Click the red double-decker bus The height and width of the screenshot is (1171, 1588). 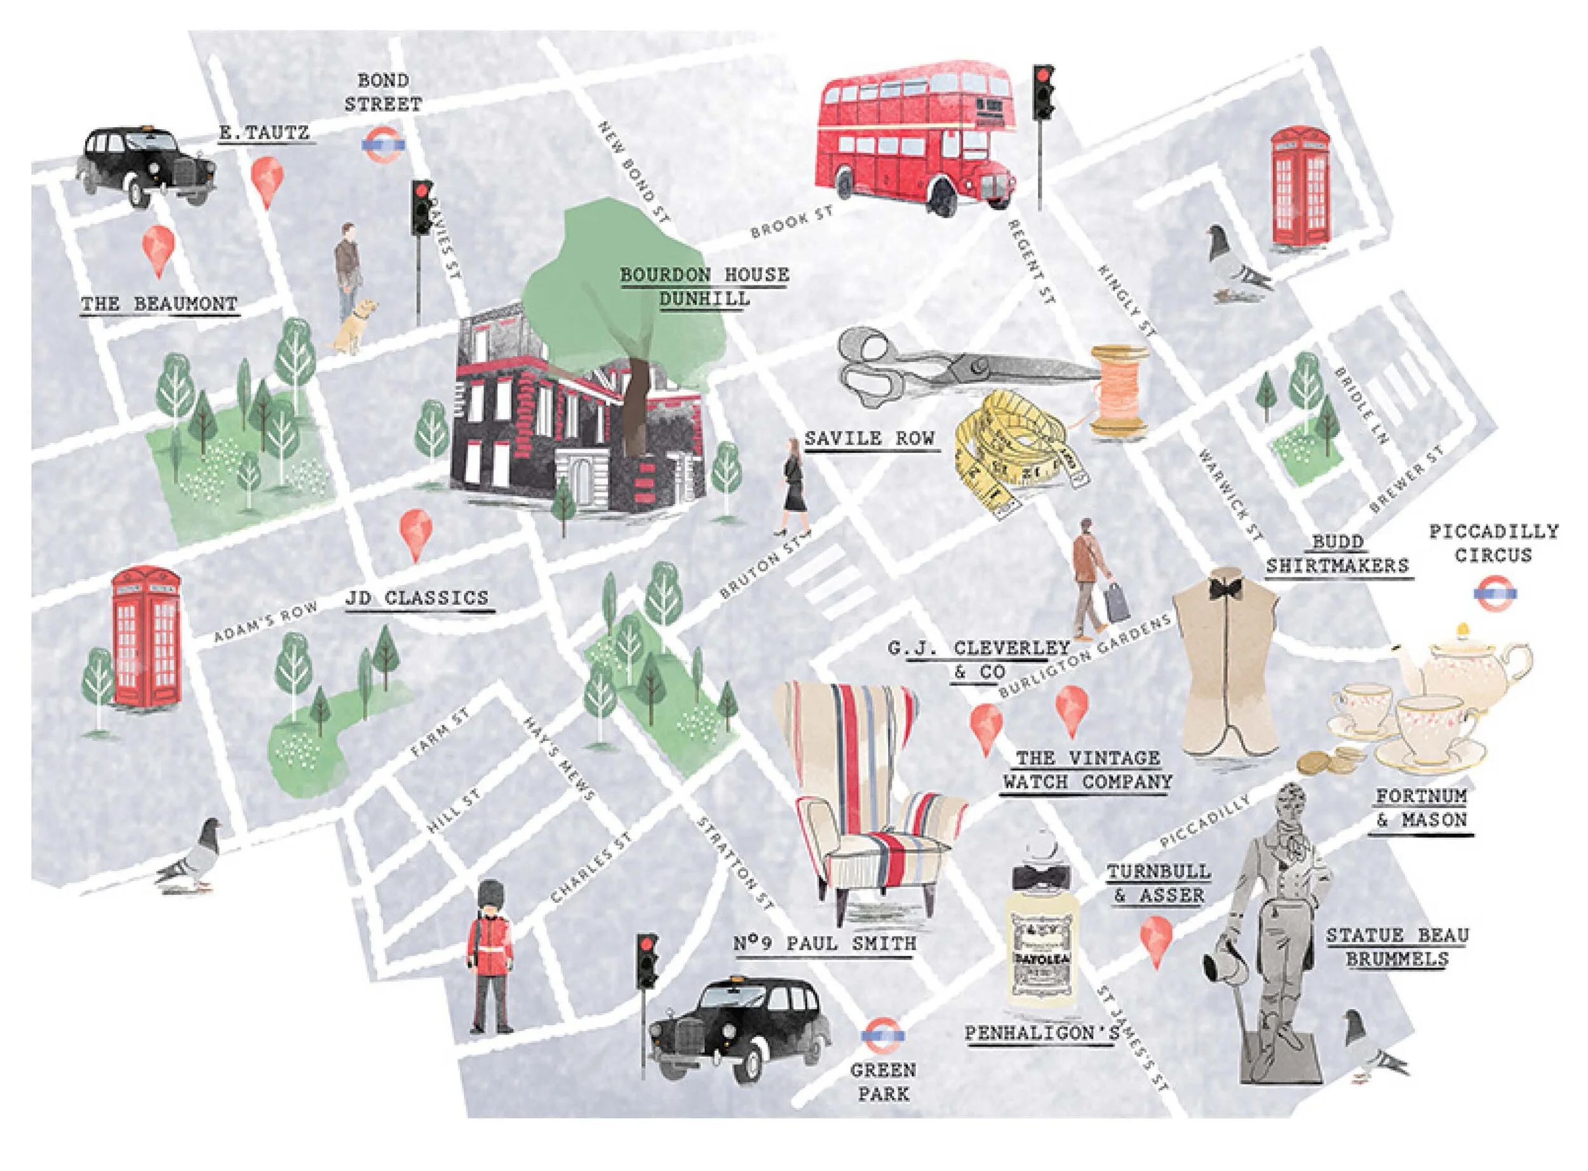pos(914,139)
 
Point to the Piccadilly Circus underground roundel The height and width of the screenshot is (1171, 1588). pos(1495,594)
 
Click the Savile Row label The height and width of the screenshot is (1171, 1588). pos(870,439)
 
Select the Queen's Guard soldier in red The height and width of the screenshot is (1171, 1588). pos(490,957)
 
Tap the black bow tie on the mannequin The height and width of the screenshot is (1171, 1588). pos(1225,589)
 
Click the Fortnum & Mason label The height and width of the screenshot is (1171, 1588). pos(1420,808)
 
